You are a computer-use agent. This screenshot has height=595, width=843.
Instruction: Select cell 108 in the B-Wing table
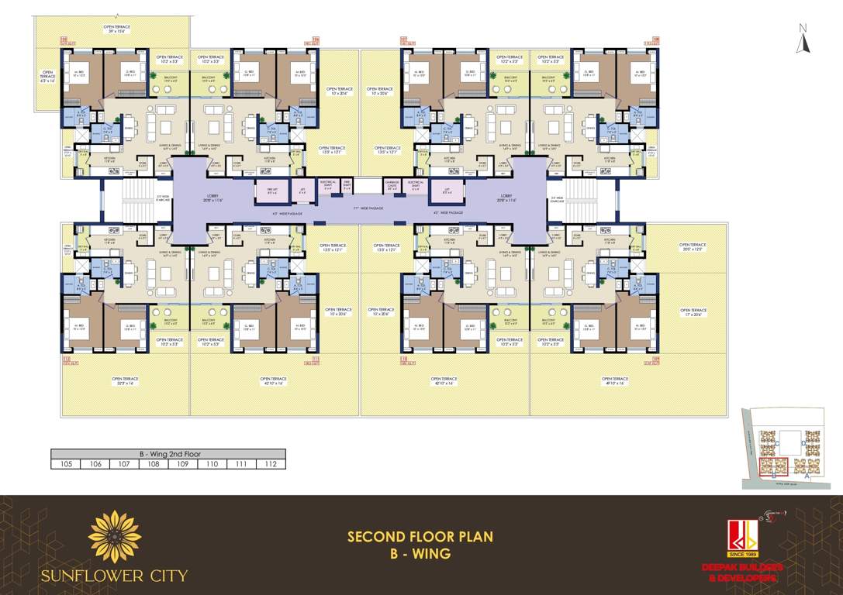click(153, 464)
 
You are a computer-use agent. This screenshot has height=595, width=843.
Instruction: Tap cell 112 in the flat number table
click(271, 464)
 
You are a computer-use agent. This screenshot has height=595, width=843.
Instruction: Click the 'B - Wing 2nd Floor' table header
click(168, 454)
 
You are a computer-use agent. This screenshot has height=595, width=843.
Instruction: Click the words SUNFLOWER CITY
click(114, 576)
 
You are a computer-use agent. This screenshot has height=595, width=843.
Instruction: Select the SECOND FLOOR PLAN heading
click(420, 536)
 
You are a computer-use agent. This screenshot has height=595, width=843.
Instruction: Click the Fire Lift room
click(271, 190)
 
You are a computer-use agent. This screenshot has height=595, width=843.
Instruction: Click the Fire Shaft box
click(347, 185)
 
